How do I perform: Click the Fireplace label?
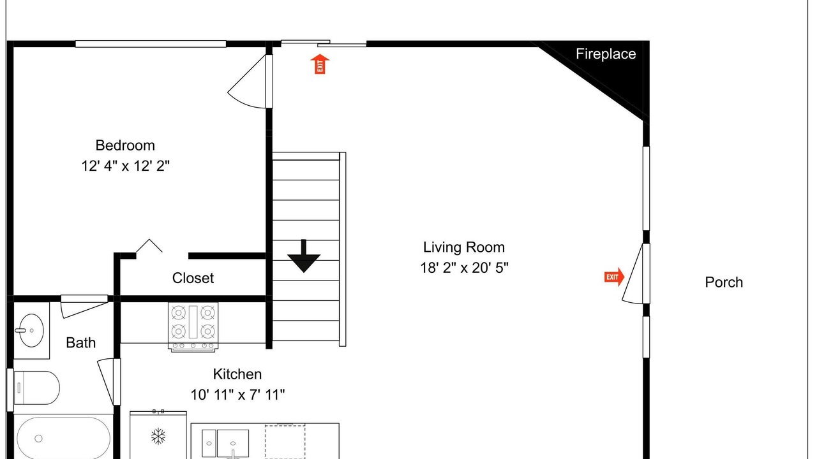point(606,54)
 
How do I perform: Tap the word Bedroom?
point(125,145)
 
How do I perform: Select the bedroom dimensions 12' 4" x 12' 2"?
point(125,166)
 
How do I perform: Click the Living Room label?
point(463,247)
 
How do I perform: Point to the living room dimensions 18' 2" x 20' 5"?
point(464,268)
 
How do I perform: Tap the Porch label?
point(724,282)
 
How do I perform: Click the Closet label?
point(193,278)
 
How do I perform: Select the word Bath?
point(80,343)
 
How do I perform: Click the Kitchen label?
point(237,374)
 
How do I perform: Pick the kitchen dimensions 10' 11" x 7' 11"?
point(237,395)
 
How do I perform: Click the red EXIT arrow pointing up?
point(320,64)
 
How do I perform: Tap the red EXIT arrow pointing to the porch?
point(614,277)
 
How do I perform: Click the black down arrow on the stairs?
point(303,256)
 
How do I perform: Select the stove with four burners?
point(193,327)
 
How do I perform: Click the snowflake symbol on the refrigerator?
point(158,436)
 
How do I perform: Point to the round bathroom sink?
point(31,330)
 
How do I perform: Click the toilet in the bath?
point(36,388)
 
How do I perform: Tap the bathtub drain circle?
point(38,439)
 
